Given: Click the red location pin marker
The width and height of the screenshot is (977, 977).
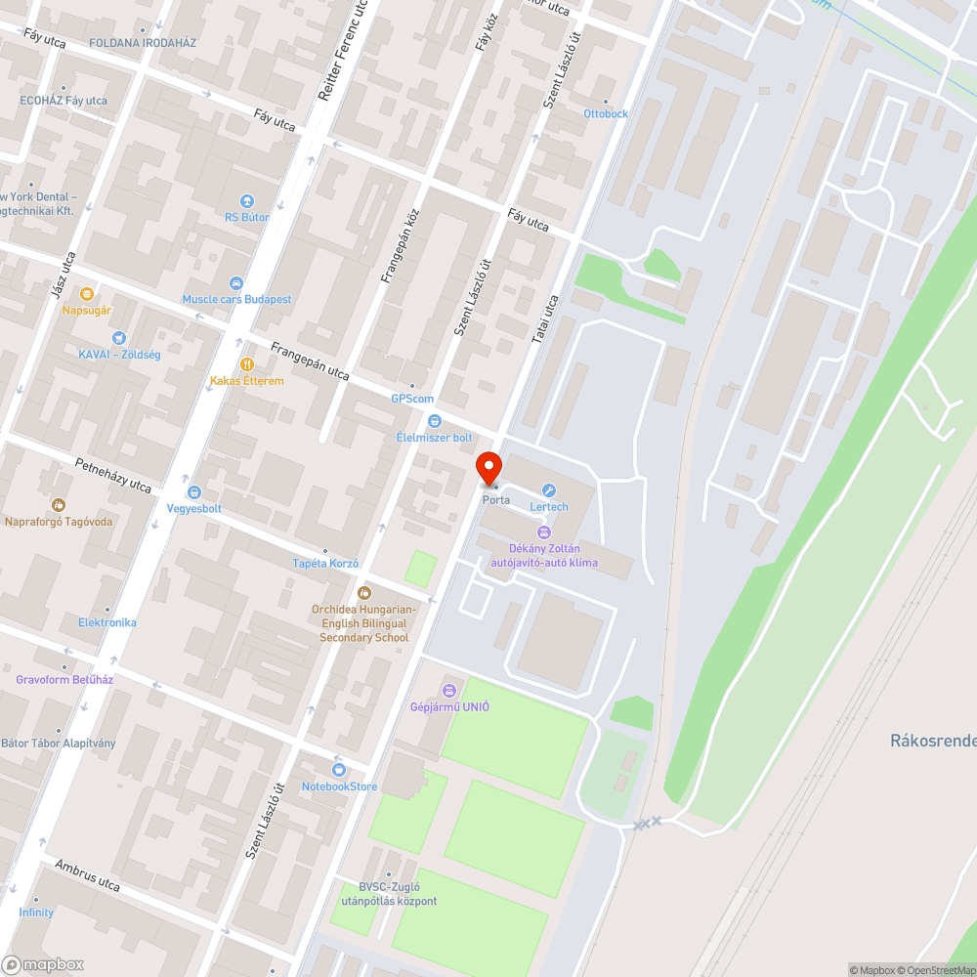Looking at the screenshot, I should click(488, 468).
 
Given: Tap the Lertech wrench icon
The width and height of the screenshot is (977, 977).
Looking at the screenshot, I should click(549, 490).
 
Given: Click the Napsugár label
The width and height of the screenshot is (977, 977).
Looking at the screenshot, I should click(87, 310).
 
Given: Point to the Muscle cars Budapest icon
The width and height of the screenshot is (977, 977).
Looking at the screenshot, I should click(235, 283).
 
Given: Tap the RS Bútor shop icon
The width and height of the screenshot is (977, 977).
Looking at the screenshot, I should click(246, 201).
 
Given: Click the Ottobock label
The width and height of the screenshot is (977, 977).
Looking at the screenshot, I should click(606, 113).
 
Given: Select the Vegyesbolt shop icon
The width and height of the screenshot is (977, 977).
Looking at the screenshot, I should click(194, 492).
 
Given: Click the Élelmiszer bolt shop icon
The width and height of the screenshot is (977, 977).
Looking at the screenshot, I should click(435, 421).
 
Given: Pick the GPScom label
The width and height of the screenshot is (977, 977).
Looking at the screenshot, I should click(412, 399).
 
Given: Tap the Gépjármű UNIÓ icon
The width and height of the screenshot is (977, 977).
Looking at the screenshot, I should click(449, 691).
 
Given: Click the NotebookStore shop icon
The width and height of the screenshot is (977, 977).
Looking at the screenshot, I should click(339, 770).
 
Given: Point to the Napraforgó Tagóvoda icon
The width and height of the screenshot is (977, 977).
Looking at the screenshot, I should click(59, 505).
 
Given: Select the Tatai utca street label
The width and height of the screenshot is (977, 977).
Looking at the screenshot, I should click(544, 319).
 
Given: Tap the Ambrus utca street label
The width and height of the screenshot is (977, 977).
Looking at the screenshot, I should click(87, 875).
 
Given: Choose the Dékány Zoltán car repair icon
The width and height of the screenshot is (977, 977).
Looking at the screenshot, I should click(544, 531).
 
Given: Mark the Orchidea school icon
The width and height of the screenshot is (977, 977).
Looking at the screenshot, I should click(364, 593).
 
